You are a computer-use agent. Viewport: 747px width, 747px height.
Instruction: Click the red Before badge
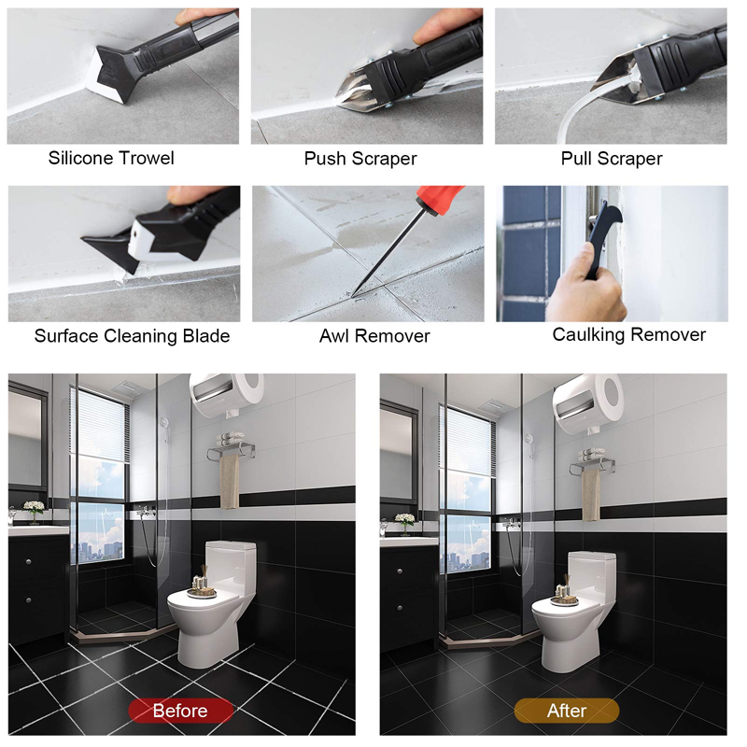point(180,711)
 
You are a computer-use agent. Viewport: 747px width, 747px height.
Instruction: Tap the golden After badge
point(567,711)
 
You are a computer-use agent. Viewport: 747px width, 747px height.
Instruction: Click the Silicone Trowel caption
point(111,158)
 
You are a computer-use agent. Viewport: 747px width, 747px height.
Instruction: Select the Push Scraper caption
point(360,159)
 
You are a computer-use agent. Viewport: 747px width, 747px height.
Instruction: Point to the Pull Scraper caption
point(612,159)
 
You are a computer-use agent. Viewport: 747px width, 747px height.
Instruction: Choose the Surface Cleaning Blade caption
point(132,336)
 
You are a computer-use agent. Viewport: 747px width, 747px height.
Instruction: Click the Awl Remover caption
point(374,336)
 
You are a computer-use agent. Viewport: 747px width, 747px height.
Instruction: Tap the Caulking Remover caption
point(628,334)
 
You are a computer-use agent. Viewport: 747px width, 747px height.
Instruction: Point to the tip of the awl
point(353,296)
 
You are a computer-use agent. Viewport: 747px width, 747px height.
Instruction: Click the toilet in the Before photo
point(212,604)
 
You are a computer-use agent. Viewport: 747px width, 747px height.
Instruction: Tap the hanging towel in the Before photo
point(229,481)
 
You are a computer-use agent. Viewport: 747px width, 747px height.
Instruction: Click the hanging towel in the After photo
point(591,496)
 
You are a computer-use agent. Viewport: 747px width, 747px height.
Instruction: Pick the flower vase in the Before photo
point(34,512)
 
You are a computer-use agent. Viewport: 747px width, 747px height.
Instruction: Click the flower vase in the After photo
point(405,524)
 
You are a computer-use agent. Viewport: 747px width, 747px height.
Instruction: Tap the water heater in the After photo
point(588,402)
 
